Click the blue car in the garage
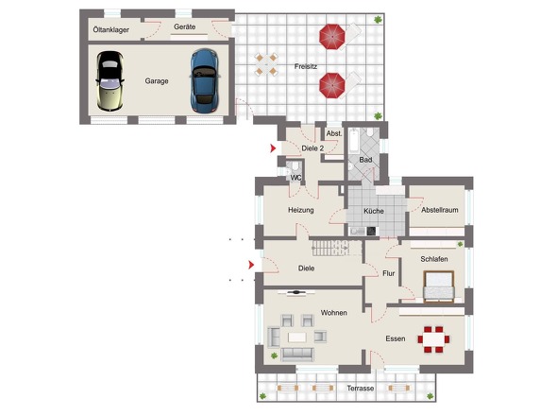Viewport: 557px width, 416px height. coord(205,81)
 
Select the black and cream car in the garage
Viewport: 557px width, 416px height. coord(110,81)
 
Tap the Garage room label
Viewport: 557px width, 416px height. coord(157,81)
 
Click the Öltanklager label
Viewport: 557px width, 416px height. coord(110,30)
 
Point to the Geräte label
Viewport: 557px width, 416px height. coord(184,26)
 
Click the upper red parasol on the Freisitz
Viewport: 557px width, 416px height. coord(332,37)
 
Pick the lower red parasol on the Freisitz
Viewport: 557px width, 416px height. coord(332,85)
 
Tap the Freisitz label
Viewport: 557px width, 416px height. coord(306,66)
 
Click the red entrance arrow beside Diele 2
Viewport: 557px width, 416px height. coord(273,148)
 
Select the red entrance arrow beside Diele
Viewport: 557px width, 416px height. coord(251,265)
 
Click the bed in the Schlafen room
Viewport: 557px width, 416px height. coord(439,286)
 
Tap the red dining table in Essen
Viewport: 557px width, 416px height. coord(433,339)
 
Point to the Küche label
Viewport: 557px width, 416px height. coord(374,211)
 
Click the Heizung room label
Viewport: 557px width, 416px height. coord(301,210)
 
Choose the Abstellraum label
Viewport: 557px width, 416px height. coord(440,210)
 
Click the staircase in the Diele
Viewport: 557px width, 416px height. coord(336,248)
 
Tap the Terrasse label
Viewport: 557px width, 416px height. coord(361,389)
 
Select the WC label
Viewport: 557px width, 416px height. coord(295,178)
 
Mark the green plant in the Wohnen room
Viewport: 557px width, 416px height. coord(274,355)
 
